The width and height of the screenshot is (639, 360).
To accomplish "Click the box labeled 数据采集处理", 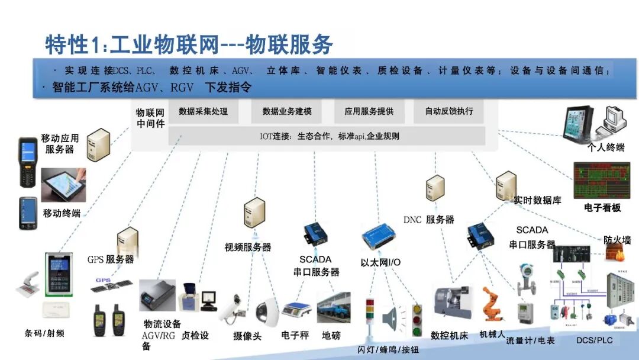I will coord(203,111).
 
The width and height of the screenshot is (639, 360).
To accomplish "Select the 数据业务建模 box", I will coord(287,111).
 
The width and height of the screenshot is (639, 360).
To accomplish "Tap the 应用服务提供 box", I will coord(369,111).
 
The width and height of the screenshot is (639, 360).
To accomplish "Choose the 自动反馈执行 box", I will coord(449,111).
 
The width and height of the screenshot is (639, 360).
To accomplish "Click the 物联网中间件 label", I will coord(150,118).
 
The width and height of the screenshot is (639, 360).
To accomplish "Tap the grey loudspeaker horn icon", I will coord(391,320).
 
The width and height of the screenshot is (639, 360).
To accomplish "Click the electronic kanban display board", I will coord(602,180).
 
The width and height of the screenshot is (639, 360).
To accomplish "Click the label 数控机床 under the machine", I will coord(449,336).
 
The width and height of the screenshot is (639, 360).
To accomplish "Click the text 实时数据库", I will coord(537,200).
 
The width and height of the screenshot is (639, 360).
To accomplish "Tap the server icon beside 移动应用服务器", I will coord(98,145).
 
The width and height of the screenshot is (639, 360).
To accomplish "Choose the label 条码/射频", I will coord(44,333).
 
